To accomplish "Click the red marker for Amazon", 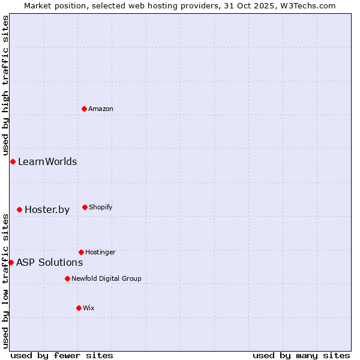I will point(85,109).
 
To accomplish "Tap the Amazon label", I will point(101,109).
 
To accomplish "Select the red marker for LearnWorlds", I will point(13,161).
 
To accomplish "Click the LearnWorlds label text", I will point(47,161).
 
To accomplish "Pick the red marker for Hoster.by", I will point(20,209).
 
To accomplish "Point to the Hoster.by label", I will point(47,209).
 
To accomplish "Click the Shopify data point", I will point(85,207).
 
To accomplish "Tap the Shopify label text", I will point(101,207).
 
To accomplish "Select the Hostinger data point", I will point(81,252).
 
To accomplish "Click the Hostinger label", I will point(100,252).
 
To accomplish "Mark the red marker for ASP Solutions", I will point(11,262).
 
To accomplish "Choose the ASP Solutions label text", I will point(49,262).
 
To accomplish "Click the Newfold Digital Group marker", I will point(67,278).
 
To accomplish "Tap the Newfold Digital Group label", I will point(106,278).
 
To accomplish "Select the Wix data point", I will point(79,308).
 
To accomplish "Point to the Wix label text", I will point(89,308).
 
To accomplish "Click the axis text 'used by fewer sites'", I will point(62,355).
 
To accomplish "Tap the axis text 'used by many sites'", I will point(301,355).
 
